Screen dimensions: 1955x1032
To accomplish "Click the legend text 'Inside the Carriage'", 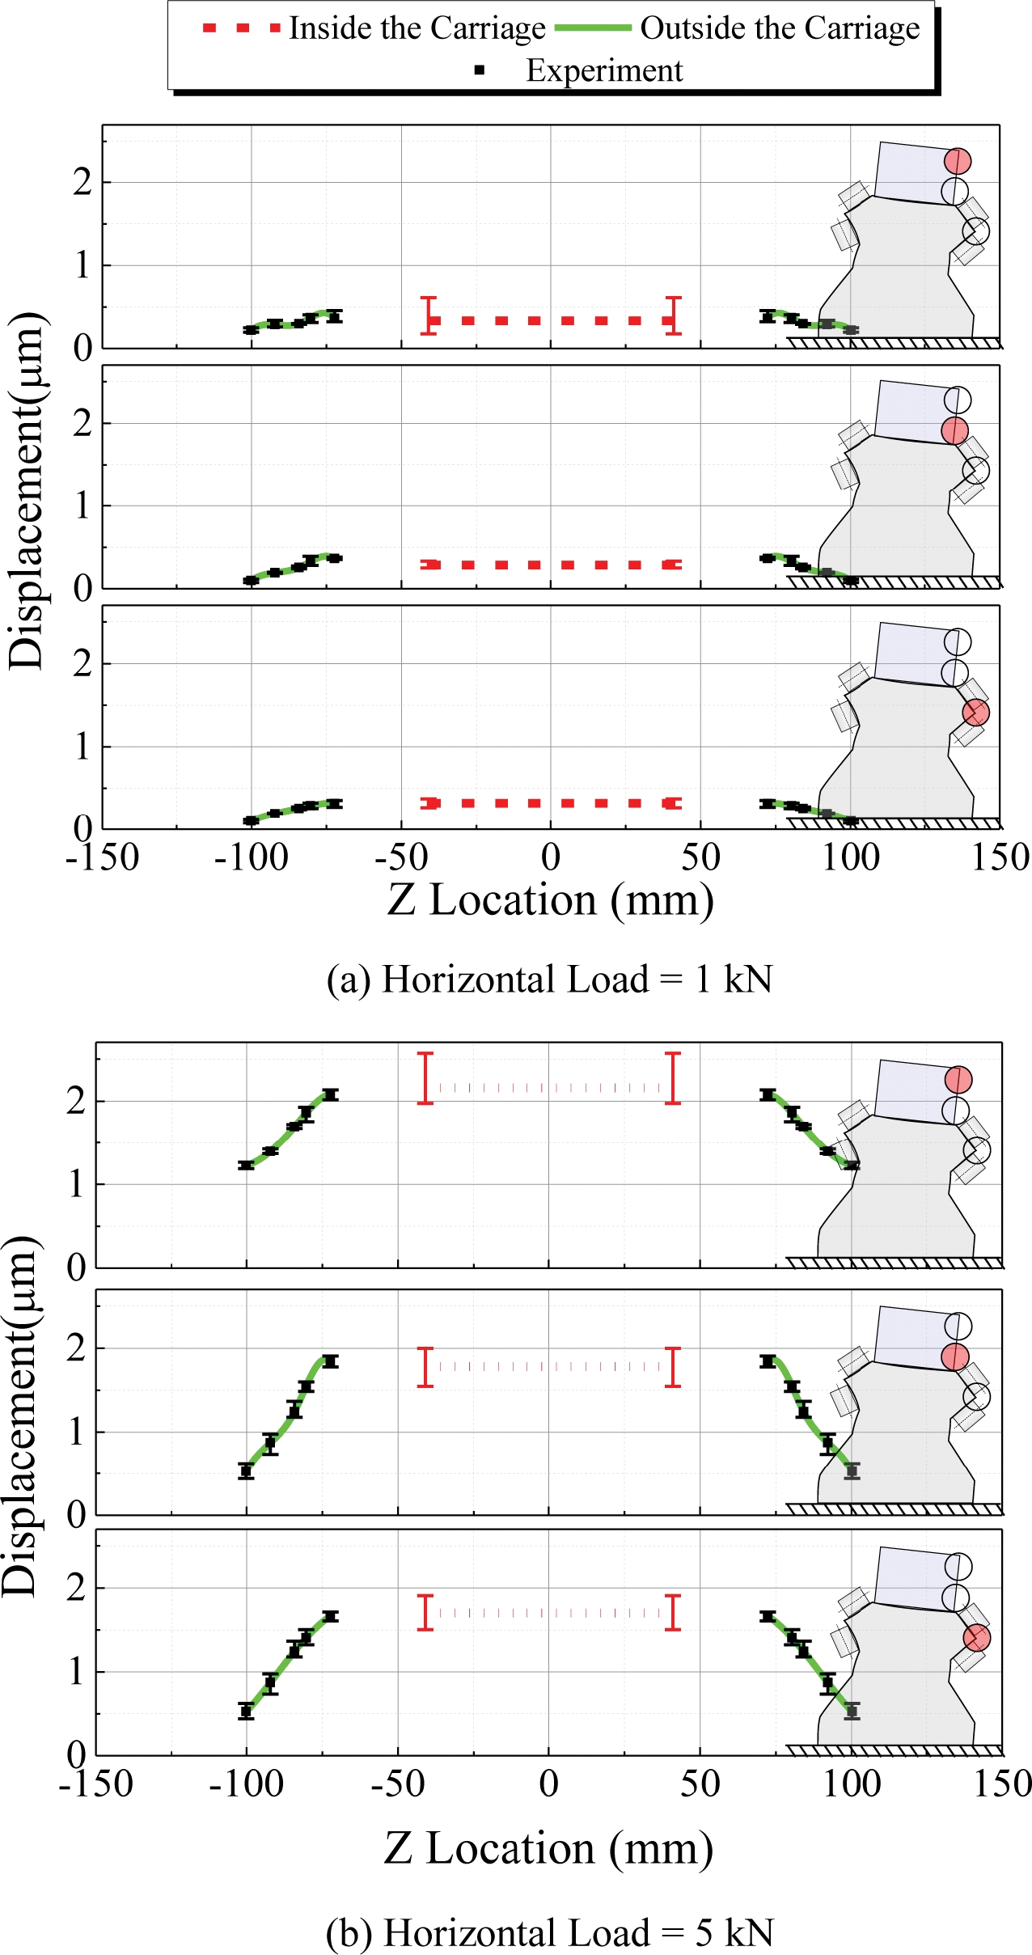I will click(417, 29).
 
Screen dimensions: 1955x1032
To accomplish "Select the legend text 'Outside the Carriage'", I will click(780, 29).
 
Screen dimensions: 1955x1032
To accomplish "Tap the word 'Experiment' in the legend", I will click(604, 71).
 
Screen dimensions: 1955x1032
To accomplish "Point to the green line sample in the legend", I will click(593, 28).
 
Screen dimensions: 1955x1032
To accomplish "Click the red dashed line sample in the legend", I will click(241, 28).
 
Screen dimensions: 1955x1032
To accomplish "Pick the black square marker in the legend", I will click(480, 71).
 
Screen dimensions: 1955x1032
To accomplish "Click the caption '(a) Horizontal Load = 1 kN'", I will click(549, 980).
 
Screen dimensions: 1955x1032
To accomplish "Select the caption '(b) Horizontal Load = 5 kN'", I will click(549, 1932).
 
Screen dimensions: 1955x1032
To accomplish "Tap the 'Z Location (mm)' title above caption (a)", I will click(550, 900).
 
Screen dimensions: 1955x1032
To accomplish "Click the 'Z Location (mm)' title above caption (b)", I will click(548, 1849).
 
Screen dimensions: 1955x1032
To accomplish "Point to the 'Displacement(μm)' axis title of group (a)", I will click(26, 491).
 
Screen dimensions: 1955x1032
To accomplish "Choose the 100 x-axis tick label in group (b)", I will click(851, 1784).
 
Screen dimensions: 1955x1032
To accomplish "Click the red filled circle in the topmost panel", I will click(958, 161).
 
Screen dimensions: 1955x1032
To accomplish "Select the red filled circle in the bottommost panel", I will click(977, 1639).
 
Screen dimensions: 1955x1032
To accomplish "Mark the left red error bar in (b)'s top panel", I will click(425, 1078).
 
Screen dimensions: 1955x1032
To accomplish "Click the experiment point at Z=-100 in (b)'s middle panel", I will click(247, 1471).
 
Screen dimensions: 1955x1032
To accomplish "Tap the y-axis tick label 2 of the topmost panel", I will click(82, 183).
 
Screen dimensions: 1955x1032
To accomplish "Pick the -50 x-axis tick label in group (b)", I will click(398, 1784).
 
